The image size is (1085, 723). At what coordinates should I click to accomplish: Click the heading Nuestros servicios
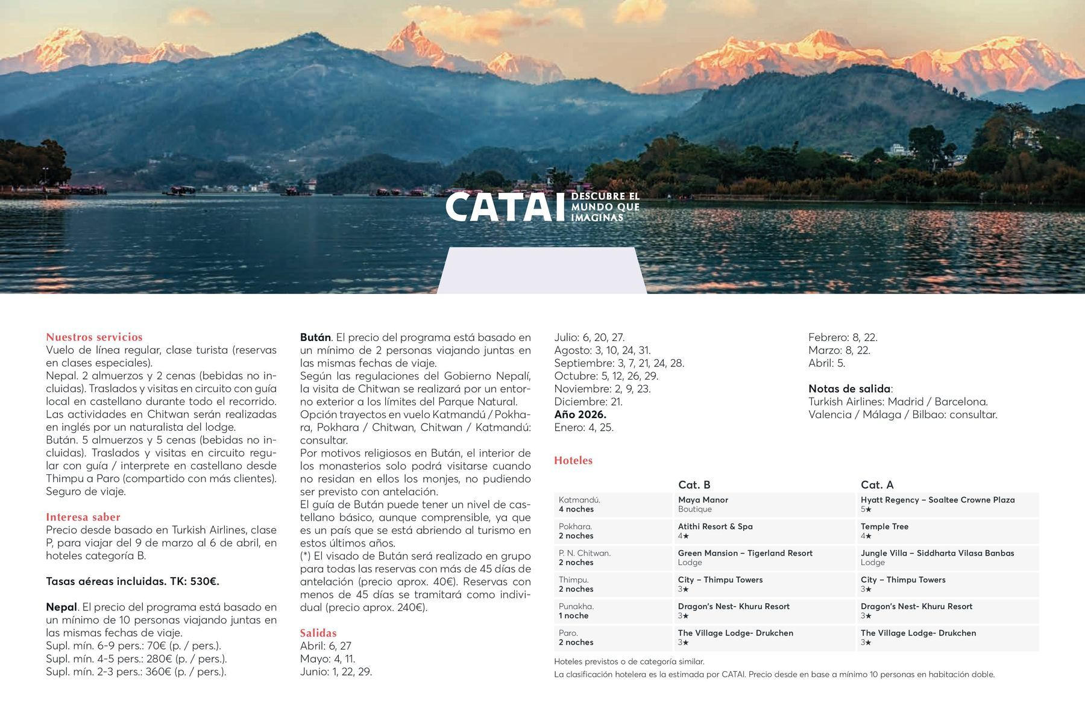pos(94,337)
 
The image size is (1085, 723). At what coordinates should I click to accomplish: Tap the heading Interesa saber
pos(83,517)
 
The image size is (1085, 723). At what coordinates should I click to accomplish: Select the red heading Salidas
pos(318,633)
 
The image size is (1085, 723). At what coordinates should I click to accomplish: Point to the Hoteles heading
pos(573,460)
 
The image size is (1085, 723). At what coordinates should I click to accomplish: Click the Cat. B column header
pos(694,484)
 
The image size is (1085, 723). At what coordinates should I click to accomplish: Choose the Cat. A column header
pos(877,484)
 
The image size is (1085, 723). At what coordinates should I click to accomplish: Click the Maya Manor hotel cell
pos(703,504)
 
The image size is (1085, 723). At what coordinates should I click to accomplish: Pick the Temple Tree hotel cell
pos(884,531)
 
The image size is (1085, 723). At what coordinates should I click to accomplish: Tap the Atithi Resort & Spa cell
pos(715,531)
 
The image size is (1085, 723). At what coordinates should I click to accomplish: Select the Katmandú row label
pos(579,504)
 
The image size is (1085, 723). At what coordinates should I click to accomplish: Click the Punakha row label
pos(576,611)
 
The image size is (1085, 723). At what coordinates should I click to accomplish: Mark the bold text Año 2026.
pos(580,415)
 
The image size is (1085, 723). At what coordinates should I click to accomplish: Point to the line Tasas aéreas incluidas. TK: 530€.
pos(133,581)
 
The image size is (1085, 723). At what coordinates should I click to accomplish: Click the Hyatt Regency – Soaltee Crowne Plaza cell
pos(937,504)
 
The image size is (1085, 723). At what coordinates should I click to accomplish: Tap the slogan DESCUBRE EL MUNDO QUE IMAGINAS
pos(605,207)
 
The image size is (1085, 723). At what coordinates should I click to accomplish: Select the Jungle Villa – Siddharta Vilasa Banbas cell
pos(937,557)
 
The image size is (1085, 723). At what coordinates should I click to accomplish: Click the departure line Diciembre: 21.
pos(588,401)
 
